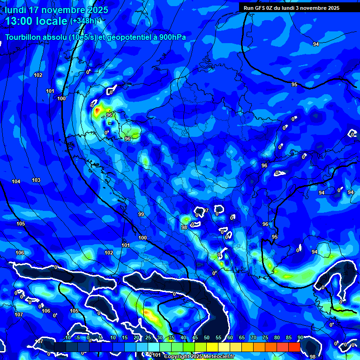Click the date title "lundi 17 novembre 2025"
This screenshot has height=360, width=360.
[57, 10]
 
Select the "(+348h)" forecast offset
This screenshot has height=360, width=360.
[83, 21]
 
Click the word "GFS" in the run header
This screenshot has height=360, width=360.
[262, 8]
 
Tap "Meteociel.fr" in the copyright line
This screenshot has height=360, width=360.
[218, 357]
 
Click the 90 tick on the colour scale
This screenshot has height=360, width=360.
[300, 338]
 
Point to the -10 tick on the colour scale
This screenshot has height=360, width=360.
[66, 338]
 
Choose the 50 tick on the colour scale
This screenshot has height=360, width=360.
[207, 338]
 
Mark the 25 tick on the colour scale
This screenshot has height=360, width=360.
[148, 338]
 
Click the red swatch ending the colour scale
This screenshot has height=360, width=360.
[294, 346]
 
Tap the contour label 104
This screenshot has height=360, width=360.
[16, 181]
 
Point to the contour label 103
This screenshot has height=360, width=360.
[36, 180]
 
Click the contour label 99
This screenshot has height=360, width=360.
[141, 214]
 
